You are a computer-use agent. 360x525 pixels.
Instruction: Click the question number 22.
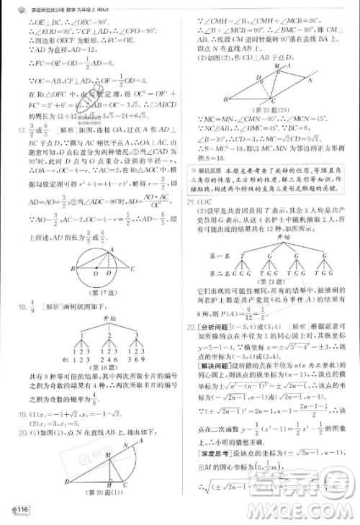[189, 326]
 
